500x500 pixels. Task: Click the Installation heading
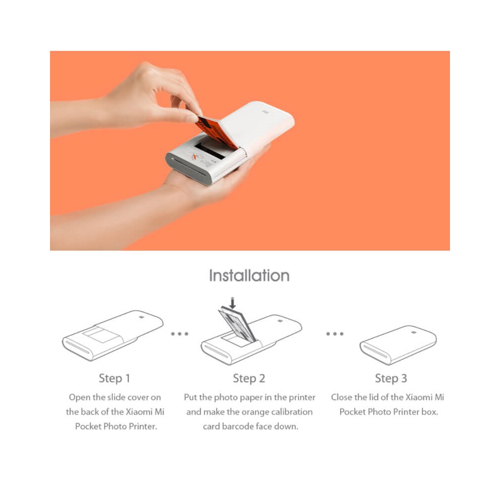pyautogui.click(x=249, y=275)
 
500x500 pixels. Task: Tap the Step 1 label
pyautogui.click(x=114, y=378)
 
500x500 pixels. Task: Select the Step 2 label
pyautogui.click(x=249, y=378)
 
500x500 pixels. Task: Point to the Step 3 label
pyautogui.click(x=391, y=378)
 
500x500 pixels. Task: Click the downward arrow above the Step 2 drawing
pyautogui.click(x=233, y=303)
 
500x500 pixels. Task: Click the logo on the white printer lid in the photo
pyautogui.click(x=265, y=112)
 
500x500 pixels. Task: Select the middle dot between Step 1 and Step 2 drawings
pyautogui.click(x=179, y=334)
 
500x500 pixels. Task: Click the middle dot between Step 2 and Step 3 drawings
pyautogui.click(x=335, y=334)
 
